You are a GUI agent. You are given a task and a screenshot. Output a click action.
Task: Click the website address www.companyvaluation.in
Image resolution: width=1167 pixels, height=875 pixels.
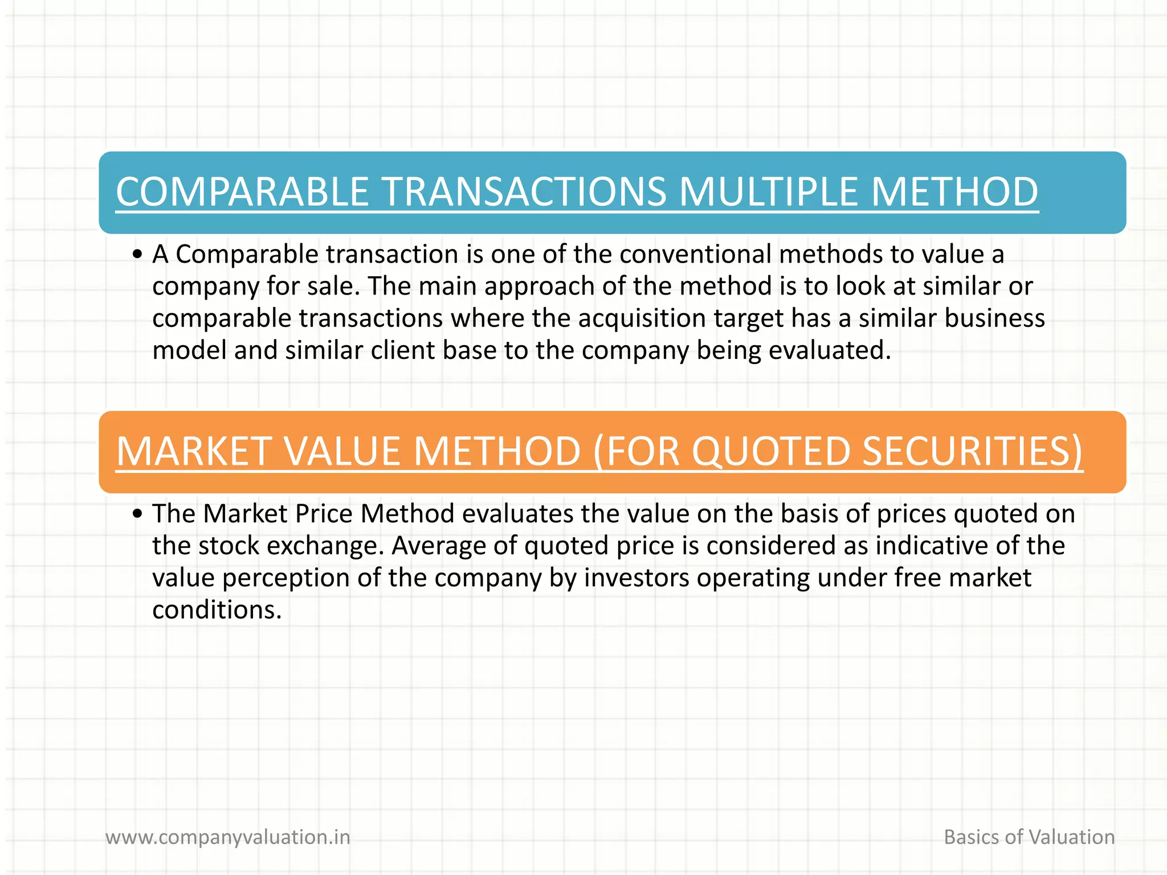pyautogui.click(x=228, y=837)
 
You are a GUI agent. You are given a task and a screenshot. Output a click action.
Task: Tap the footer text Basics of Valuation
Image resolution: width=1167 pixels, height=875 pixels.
pyautogui.click(x=1029, y=837)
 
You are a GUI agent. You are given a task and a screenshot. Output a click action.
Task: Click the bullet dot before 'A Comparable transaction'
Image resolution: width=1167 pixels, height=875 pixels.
pyautogui.click(x=137, y=255)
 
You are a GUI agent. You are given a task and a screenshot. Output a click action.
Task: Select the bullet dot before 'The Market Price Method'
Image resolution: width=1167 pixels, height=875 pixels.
pyautogui.click(x=137, y=514)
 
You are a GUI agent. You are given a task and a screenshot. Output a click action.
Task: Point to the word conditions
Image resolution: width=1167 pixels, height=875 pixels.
pyautogui.click(x=217, y=610)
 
